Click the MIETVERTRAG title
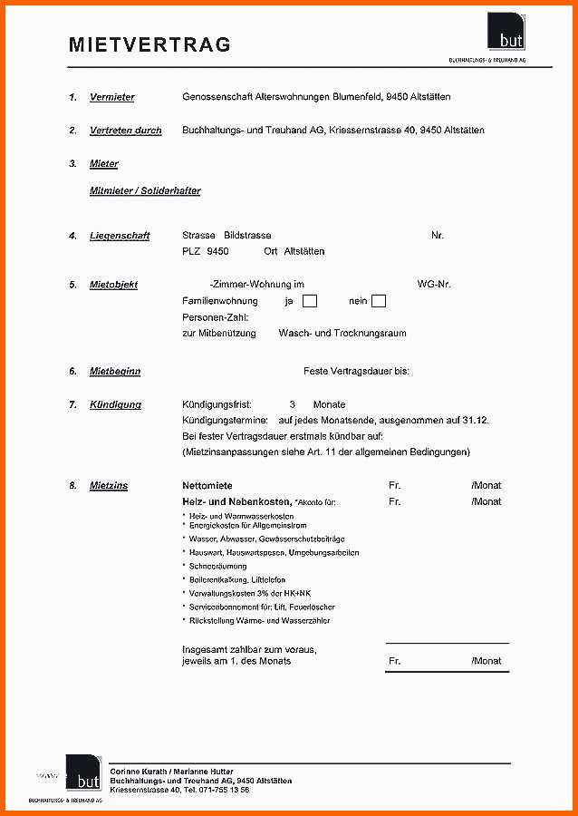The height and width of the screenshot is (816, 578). [149, 44]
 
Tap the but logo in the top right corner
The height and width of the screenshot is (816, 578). [506, 32]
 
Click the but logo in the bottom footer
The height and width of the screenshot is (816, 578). [83, 773]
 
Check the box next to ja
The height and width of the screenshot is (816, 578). [310, 301]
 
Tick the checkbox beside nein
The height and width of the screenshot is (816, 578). [379, 301]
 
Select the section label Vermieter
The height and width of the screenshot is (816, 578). [112, 97]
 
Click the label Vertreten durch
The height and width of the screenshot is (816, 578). [126, 131]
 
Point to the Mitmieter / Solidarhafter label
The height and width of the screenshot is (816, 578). [145, 191]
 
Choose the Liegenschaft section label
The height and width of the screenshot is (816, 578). [120, 236]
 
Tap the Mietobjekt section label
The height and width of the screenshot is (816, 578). [114, 285]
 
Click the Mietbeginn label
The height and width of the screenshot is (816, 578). [115, 372]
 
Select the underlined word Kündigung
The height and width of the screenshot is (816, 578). [116, 404]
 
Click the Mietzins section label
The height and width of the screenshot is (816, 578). [109, 486]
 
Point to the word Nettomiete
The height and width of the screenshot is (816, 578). [207, 486]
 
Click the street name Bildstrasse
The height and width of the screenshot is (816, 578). [247, 236]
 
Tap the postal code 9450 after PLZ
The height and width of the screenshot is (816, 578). [217, 251]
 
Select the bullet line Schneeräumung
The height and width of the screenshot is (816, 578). [218, 566]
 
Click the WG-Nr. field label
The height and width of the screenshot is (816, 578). [434, 285]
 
